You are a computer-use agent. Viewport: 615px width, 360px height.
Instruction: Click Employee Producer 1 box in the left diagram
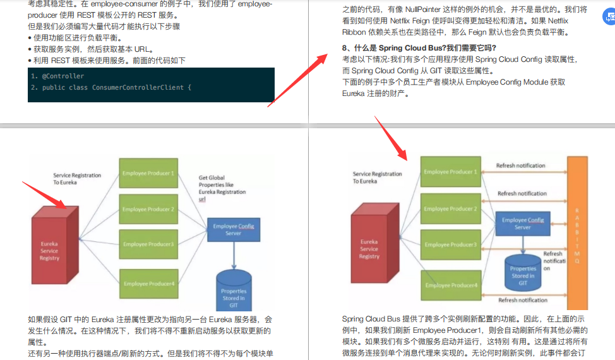(x=148, y=174)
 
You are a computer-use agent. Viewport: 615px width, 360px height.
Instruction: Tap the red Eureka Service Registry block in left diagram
(x=51, y=250)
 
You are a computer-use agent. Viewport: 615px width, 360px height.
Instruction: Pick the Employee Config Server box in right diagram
(x=523, y=224)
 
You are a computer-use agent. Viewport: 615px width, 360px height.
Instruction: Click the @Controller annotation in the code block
(x=63, y=76)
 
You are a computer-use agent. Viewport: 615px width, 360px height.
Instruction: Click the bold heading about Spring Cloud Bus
(x=419, y=48)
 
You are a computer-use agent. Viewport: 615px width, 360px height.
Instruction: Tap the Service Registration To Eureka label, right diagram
(x=377, y=177)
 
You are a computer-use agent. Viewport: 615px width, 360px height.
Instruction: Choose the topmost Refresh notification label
(x=520, y=165)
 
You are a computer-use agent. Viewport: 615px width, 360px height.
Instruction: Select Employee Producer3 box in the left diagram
(x=148, y=244)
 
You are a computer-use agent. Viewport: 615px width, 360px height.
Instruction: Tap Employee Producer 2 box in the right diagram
(x=451, y=209)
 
